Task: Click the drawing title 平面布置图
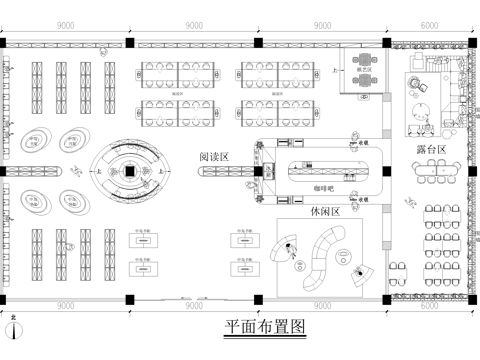pyautogui.click(x=265, y=326)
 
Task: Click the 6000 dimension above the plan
pyautogui.click(x=428, y=25)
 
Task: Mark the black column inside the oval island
pyautogui.click(x=129, y=172)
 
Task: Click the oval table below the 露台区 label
pyautogui.click(x=433, y=171)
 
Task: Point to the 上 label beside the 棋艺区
pyautogui.click(x=334, y=71)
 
